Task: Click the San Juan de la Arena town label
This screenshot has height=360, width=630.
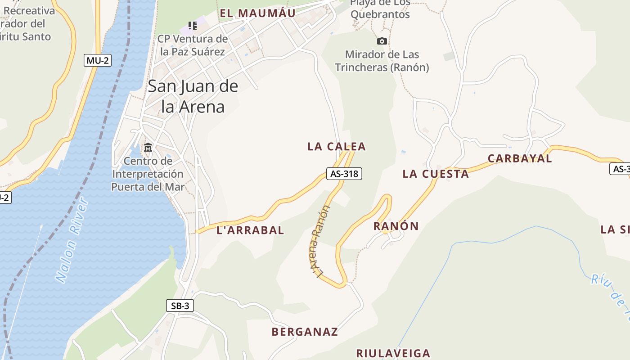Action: [x=193, y=96]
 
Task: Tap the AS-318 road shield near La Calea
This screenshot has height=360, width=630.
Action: [x=344, y=173]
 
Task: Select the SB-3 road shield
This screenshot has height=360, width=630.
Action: [x=180, y=306]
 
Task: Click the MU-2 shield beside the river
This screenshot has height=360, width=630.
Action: [x=97, y=60]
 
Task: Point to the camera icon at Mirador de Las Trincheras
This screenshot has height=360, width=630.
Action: [x=382, y=41]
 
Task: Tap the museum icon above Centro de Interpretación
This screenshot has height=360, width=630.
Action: [x=148, y=147]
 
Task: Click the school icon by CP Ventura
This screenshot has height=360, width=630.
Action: [x=193, y=26]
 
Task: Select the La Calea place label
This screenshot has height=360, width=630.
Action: [x=337, y=147]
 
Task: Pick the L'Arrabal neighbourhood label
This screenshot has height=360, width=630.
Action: [x=250, y=230]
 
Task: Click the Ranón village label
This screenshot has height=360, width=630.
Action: [x=396, y=226]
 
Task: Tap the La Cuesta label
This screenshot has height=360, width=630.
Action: [x=436, y=174]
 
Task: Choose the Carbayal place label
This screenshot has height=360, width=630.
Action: [x=520, y=158]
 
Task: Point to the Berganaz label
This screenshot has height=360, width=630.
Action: [x=305, y=332]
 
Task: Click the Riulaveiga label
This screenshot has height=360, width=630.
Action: [x=393, y=353]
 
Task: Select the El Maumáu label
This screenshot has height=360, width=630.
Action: [x=257, y=13]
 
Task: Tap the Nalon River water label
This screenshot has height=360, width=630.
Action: [x=72, y=241]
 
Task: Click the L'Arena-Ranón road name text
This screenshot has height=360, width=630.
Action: [x=320, y=241]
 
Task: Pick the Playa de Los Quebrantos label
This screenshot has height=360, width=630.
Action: [x=380, y=9]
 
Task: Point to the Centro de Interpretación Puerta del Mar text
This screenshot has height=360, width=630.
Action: [x=148, y=174]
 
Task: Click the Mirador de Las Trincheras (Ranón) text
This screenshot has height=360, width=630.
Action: [x=382, y=61]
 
